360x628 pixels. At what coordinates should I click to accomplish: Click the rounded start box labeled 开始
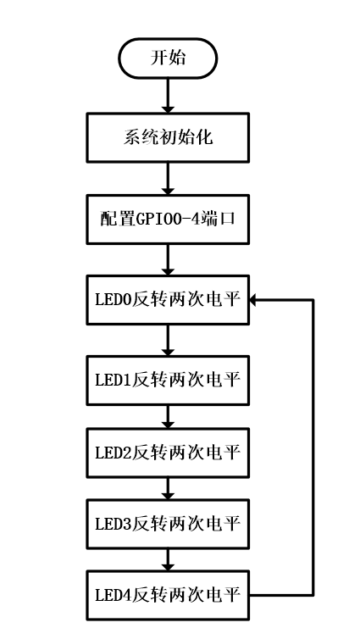click(168, 58)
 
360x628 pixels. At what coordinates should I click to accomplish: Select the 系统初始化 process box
click(168, 137)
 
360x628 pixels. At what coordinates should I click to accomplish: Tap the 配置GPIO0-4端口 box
click(168, 218)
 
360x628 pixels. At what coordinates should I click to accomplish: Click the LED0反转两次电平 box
click(168, 299)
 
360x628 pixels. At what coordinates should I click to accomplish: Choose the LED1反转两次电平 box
click(168, 379)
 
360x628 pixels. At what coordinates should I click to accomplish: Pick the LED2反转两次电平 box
click(168, 452)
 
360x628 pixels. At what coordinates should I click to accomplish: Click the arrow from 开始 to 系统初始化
click(168, 95)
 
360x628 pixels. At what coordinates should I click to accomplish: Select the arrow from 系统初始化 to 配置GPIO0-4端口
click(168, 177)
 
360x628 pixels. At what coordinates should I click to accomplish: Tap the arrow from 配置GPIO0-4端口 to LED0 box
click(168, 258)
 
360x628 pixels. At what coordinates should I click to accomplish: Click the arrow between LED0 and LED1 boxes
click(168, 339)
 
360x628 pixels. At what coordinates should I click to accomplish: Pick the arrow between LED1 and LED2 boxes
click(168, 415)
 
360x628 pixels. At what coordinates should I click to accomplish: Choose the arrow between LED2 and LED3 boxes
click(168, 487)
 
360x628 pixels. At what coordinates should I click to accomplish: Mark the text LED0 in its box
click(110, 299)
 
